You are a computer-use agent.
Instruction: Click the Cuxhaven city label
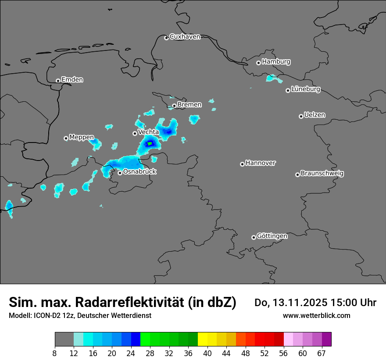tap(185, 37)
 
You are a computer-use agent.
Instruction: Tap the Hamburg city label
tap(276, 62)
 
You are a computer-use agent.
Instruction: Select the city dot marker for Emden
tap(58, 81)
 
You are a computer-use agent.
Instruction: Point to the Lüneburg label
tap(305, 89)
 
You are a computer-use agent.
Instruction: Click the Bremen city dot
tap(174, 106)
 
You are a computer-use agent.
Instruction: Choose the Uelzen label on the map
tap(315, 115)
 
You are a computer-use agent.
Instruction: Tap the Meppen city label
tap(81, 137)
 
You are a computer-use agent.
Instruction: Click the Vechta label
tap(148, 132)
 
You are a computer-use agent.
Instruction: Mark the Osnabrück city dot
tap(120, 173)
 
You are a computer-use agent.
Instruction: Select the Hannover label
tap(260, 163)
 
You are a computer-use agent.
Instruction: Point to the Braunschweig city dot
tap(297, 175)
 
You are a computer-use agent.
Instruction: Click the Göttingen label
tap(272, 236)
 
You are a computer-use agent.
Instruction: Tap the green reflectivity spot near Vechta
tap(150, 143)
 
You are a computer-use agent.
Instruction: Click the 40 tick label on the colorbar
tap(207, 353)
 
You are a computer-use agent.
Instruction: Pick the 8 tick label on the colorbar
tap(54, 353)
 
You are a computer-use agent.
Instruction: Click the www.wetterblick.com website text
tap(316, 316)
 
